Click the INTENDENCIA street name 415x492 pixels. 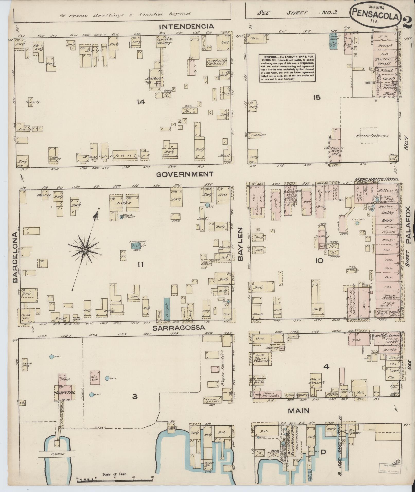(186, 26)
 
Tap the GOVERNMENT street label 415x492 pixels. (185, 174)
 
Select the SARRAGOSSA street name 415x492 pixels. (179, 328)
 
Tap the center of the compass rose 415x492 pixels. (85, 249)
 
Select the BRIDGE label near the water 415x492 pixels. (57, 454)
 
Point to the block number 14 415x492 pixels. (141, 102)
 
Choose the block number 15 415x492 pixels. (317, 97)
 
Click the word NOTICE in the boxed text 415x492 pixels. (268, 57)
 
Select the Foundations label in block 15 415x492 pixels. (372, 136)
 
